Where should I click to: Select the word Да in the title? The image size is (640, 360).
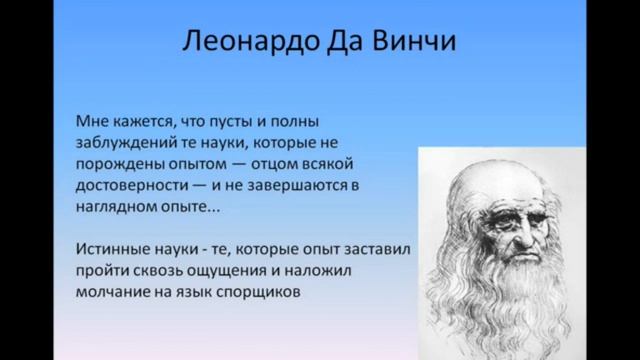[x=340, y=45]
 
